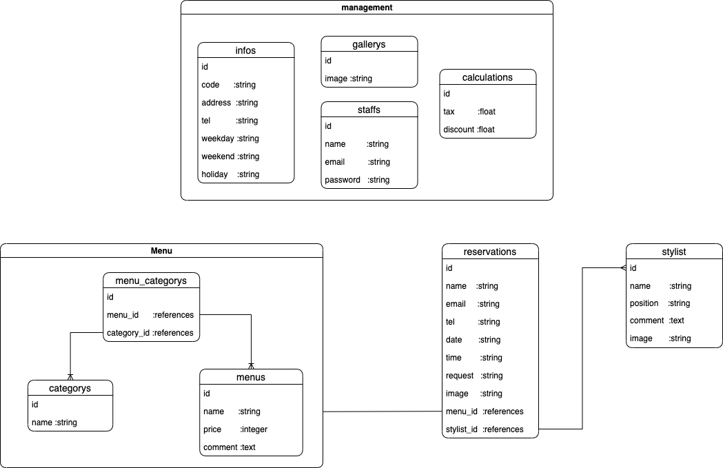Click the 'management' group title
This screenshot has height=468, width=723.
367,8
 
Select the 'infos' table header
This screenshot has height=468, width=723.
245,50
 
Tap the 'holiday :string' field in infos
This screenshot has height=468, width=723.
230,174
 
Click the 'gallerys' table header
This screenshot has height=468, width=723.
369,44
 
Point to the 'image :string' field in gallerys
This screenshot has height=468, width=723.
349,79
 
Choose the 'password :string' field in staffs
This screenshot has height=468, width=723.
357,180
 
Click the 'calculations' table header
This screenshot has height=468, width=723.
487,77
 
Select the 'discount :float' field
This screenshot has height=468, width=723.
469,130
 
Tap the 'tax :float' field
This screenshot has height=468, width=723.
469,112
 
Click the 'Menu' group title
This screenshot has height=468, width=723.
161,251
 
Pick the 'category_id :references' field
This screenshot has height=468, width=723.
150,333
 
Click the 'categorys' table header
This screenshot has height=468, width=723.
70,388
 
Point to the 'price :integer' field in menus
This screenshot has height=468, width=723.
235,429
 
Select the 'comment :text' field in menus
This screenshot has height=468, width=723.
230,447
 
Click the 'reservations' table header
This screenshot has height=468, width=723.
489,252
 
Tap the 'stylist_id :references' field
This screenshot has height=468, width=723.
485,429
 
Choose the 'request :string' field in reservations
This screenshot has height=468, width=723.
474,376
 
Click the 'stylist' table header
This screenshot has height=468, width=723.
673,252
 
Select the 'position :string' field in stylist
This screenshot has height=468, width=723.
660,303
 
